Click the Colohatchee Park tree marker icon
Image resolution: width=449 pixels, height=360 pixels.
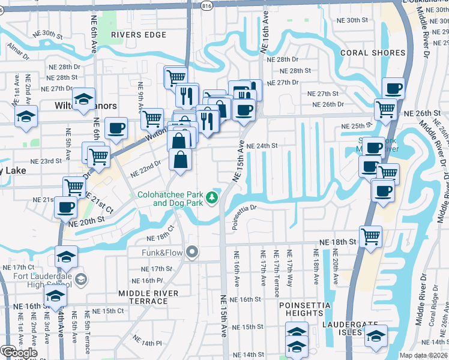pyautogui.click(x=211, y=197)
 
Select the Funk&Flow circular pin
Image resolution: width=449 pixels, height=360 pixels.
pyautogui.click(x=192, y=251)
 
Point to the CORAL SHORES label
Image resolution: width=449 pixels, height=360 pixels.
pyautogui.click(x=373, y=53)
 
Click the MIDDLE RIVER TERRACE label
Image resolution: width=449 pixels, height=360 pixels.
pyautogui.click(x=148, y=296)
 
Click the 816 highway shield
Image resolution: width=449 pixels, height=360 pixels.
pyautogui.click(x=207, y=5)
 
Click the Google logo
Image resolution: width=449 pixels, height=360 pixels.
pyautogui.click(x=19, y=353)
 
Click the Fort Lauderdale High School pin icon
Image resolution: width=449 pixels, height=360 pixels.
pyautogui.click(x=82, y=279)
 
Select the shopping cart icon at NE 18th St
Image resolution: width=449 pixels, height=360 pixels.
pyautogui.click(x=370, y=235)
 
